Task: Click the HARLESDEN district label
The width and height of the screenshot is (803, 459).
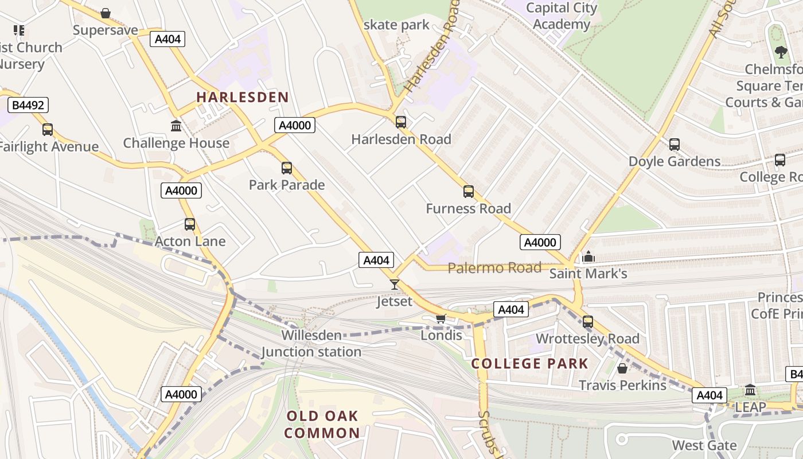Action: [x=242, y=97]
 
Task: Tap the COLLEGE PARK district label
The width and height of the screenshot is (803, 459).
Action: [x=529, y=364]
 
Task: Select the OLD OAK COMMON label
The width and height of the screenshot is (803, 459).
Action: [x=322, y=425]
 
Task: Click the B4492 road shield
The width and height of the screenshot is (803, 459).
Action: [x=28, y=105]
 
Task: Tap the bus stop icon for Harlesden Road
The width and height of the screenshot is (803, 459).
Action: [x=401, y=122]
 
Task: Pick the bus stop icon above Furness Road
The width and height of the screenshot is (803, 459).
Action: [x=469, y=192]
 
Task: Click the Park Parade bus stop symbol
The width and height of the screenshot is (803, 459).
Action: [x=287, y=168]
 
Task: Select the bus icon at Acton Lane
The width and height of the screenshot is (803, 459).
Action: [x=190, y=224]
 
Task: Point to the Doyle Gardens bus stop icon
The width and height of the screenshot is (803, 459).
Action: [x=675, y=145]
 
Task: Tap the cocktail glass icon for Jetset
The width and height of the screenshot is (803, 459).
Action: [x=395, y=284]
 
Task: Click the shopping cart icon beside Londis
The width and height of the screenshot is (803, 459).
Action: [x=441, y=318]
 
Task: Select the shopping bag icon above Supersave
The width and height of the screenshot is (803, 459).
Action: [x=106, y=13]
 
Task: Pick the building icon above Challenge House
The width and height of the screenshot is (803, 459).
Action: [x=176, y=126]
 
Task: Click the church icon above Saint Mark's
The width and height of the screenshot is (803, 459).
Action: [x=588, y=256]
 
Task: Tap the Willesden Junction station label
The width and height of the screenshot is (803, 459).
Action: [x=311, y=343]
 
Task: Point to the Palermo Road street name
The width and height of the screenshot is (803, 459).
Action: [x=494, y=268]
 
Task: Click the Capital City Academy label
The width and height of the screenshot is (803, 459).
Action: [x=561, y=16]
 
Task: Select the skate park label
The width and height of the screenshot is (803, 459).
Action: [x=396, y=25]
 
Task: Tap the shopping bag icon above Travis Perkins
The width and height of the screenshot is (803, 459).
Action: [x=622, y=368]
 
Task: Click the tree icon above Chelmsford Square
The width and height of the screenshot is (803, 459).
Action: [x=781, y=52]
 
